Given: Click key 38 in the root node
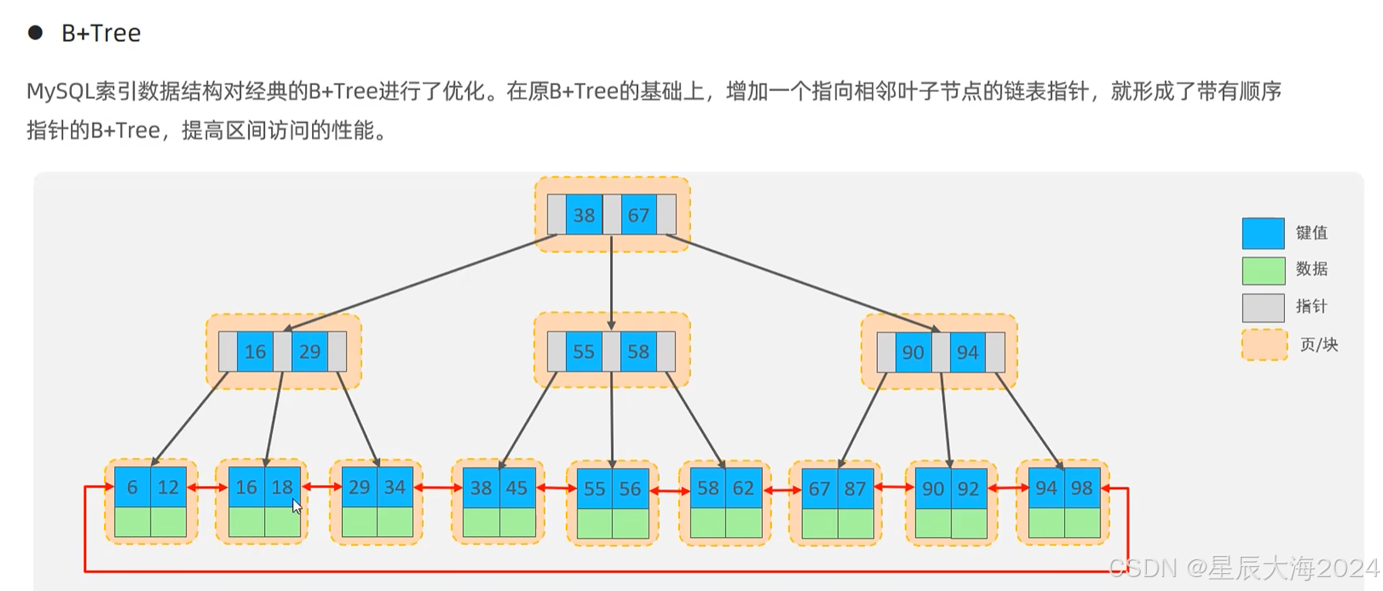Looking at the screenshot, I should pyautogui.click(x=584, y=215).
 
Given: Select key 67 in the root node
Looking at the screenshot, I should pyautogui.click(x=638, y=215).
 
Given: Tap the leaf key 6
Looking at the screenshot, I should pyautogui.click(x=132, y=487).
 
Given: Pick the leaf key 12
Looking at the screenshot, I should pyautogui.click(x=168, y=487).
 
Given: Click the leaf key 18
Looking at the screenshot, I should pyautogui.click(x=282, y=487).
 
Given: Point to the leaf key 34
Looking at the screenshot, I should pyautogui.click(x=395, y=487).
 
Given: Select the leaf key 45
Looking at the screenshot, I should pyautogui.click(x=517, y=488).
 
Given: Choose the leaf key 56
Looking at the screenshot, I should pyautogui.click(x=630, y=489).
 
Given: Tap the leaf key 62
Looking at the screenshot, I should pyautogui.click(x=743, y=488).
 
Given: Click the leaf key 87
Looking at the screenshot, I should pyautogui.click(x=855, y=489).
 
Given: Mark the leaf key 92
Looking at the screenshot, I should pyautogui.click(x=968, y=489).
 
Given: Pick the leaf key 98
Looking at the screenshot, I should pyautogui.click(x=1081, y=488).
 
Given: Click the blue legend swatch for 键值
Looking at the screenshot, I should pyautogui.click(x=1263, y=233).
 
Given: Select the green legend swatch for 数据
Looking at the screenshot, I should pyautogui.click(x=1263, y=270).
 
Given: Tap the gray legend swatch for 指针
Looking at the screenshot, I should pyautogui.click(x=1263, y=307).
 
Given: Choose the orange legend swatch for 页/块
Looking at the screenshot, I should pyautogui.click(x=1264, y=345).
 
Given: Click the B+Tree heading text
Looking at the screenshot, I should pyautogui.click(x=101, y=33).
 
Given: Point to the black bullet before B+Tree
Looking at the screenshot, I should pyautogui.click(x=35, y=32).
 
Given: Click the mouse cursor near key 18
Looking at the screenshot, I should pyautogui.click(x=297, y=507).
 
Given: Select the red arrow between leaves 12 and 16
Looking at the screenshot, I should pyautogui.click(x=207, y=487).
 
